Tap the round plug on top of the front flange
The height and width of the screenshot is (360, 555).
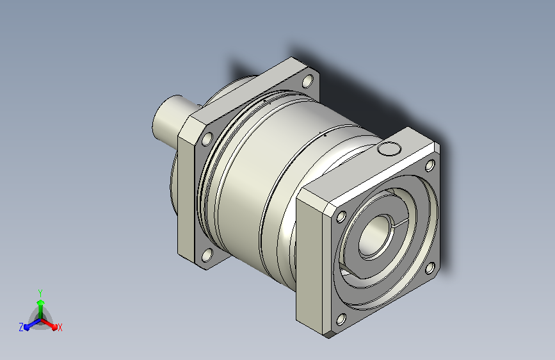tap(389, 149)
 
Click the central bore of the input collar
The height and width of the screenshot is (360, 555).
tap(374, 235)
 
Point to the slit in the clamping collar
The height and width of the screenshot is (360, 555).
tap(401, 222)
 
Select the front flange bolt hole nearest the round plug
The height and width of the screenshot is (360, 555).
tap(430, 165)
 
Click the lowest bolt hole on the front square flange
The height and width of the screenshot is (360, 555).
tap(341, 320)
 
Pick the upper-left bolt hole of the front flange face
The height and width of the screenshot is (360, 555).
tap(341, 217)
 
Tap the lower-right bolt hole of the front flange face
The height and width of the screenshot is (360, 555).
tap(430, 268)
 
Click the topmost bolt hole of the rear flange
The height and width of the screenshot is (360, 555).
tap(308, 81)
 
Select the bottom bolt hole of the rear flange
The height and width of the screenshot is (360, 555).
tap(207, 255)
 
